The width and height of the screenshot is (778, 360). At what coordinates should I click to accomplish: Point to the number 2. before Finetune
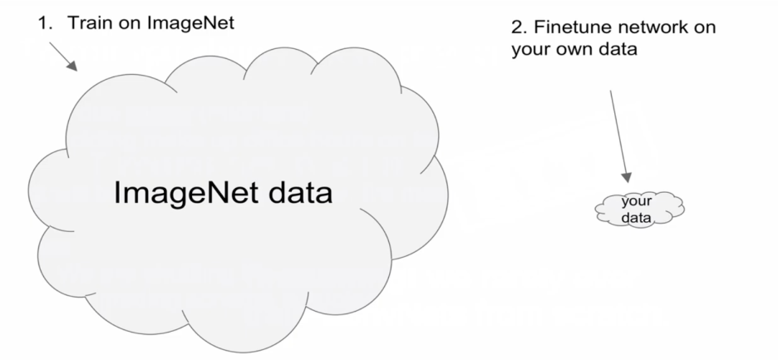(518, 28)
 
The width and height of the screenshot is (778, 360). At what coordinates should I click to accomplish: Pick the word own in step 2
(570, 50)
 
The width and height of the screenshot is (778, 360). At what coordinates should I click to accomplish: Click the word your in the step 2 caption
(529, 50)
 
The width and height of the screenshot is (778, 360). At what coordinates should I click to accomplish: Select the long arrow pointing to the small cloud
(618, 133)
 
